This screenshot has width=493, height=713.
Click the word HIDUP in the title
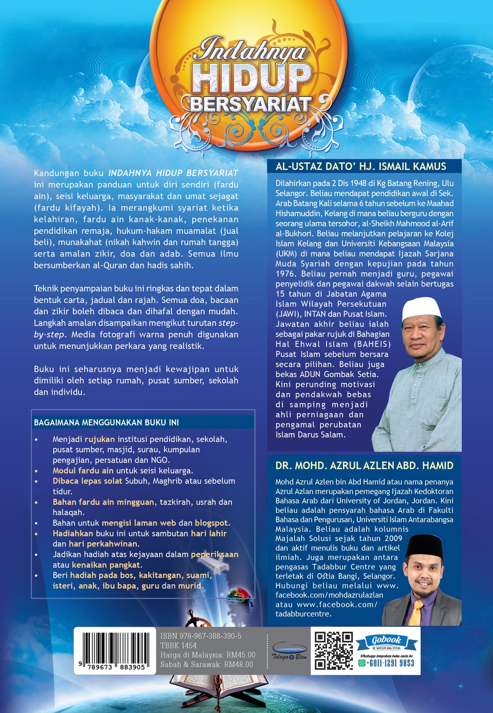point(251,78)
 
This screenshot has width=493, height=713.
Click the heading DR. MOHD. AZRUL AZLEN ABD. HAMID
point(364,466)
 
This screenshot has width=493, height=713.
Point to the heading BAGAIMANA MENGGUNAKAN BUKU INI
point(106,422)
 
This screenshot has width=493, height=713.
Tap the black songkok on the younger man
point(425,546)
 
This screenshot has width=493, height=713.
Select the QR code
point(334,651)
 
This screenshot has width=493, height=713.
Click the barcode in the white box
point(115,647)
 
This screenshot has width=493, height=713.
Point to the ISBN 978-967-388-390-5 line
point(201,636)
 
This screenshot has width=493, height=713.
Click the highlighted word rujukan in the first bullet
point(99,439)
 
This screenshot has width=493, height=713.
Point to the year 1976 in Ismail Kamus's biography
point(285,274)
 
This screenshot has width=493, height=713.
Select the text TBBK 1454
point(178,646)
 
